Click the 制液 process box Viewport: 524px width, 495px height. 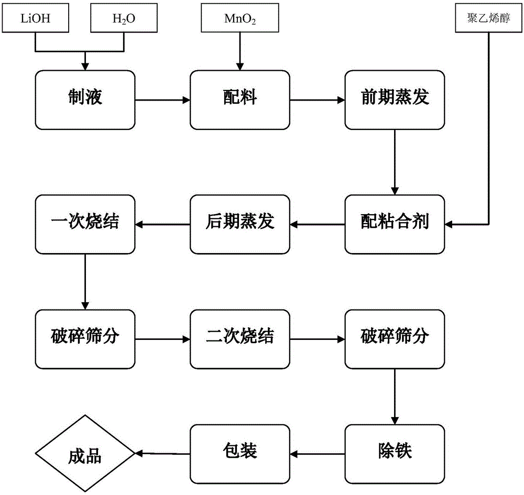(x=85, y=99)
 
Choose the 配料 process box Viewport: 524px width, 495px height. (x=239, y=99)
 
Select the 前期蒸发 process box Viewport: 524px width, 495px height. (x=395, y=99)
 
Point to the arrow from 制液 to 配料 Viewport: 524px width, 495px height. (x=162, y=99)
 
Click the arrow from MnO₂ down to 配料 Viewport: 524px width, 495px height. (x=239, y=50)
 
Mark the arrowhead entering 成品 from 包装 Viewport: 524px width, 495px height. (x=139, y=453)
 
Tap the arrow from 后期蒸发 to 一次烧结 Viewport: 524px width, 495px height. (x=162, y=224)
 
